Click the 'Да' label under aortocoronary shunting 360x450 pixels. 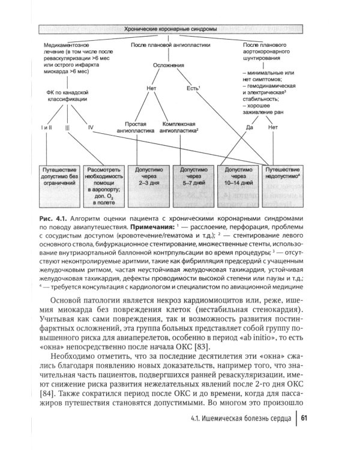pyautogui.click(x=250, y=128)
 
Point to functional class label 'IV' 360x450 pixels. pyautogui.click(x=91, y=128)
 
